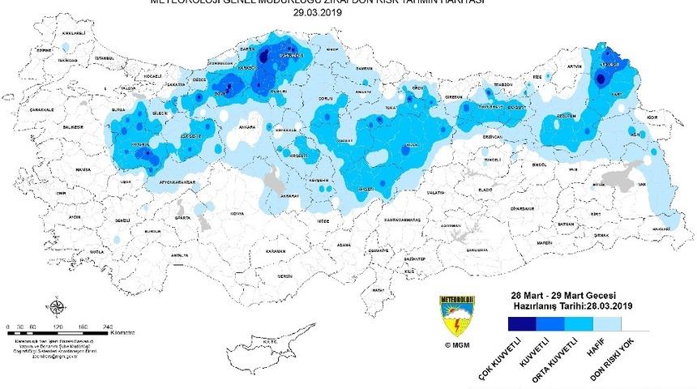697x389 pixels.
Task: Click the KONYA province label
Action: (237, 213)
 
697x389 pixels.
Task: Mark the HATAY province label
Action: (376, 289)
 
